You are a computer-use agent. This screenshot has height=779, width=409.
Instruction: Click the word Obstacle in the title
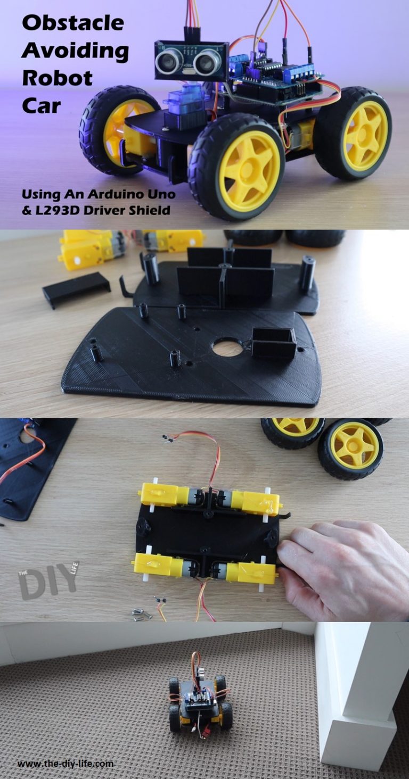coord(73,23)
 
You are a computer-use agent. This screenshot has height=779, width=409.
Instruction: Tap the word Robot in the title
coord(58,78)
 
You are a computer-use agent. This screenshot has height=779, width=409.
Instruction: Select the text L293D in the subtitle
coord(59,210)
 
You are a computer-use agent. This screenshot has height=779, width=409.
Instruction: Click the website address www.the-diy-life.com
coord(66,764)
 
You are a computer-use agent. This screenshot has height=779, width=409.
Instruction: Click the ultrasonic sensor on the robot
coord(191,61)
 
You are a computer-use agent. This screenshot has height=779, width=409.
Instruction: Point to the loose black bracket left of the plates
coord(76,288)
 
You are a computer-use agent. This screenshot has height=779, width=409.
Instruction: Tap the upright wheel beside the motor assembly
coord(350,449)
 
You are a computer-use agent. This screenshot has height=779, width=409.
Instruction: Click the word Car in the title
coord(42,106)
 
